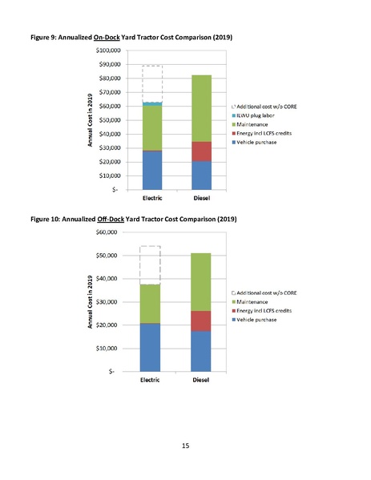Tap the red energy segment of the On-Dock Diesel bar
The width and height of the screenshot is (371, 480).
click(201, 151)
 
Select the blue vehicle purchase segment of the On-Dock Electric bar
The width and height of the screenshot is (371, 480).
click(151, 170)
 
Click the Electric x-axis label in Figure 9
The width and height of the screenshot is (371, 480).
click(152, 198)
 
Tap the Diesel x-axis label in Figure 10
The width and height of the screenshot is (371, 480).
click(201, 380)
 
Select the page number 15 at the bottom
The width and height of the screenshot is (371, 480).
click(185, 446)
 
